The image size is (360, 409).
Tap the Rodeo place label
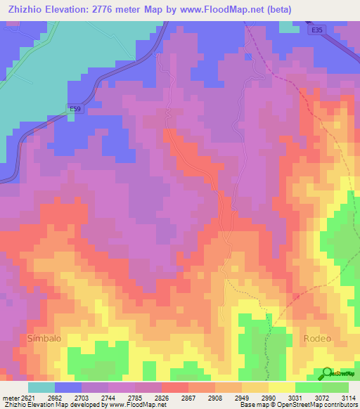pos(317,338)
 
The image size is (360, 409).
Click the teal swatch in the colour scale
pos(41,387)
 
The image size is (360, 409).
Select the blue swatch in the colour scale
pos(68,387)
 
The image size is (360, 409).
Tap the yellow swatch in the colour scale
pos(282,387)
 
